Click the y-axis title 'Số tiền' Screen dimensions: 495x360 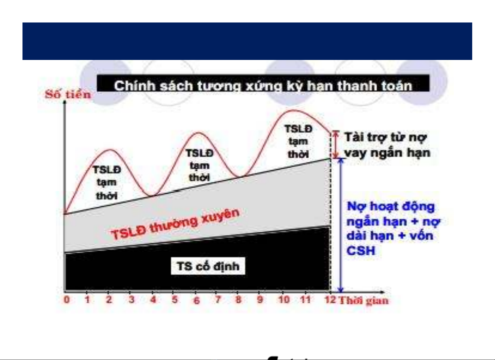click(68, 95)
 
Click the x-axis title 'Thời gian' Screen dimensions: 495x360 click(364, 301)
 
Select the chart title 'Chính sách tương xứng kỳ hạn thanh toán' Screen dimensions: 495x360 click(263, 86)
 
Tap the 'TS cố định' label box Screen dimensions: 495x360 click(208, 266)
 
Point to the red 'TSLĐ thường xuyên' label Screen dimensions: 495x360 click(175, 224)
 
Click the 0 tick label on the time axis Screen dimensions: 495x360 click(67, 300)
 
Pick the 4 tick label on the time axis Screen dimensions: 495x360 click(153, 300)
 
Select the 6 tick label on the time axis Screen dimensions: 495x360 click(196, 300)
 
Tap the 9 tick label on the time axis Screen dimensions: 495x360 click(260, 300)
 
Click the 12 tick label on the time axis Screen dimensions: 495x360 click(330, 300)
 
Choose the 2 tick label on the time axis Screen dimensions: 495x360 click(109, 300)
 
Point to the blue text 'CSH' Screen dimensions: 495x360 click(361, 251)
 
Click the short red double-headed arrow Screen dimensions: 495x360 click(336, 144)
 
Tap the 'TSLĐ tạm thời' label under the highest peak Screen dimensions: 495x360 click(298, 141)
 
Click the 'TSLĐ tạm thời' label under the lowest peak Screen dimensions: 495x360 click(107, 183)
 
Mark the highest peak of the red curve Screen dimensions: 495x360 click(293, 110)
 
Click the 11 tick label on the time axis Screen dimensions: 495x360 click(305, 300)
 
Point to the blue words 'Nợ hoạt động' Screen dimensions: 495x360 click(391, 207)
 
